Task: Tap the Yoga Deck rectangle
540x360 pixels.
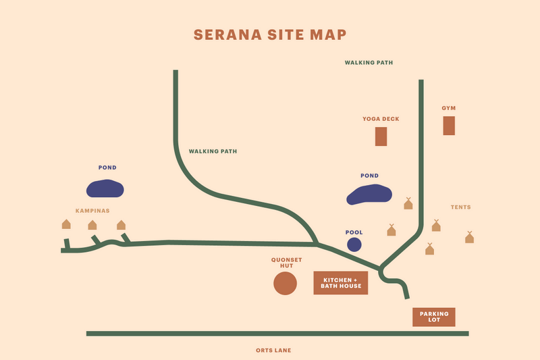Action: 381,136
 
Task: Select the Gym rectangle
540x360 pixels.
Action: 449,126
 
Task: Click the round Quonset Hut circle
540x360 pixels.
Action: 285,284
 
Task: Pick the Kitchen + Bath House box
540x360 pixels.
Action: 341,283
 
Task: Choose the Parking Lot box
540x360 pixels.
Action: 434,317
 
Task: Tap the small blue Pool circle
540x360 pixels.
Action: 354,245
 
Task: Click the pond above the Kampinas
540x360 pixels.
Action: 105,188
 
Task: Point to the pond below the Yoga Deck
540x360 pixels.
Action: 369,195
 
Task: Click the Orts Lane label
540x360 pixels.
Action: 273,351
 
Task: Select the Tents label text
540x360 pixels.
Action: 461,207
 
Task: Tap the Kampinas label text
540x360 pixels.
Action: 93,211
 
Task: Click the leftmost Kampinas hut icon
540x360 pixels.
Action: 66,224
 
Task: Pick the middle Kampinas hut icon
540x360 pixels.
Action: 92,225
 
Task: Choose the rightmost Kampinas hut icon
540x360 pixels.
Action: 121,225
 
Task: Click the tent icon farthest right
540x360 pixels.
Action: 470,237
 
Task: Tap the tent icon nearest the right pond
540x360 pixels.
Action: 408,203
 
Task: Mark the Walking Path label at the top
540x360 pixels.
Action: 369,62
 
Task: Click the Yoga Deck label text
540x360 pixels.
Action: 381,119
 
